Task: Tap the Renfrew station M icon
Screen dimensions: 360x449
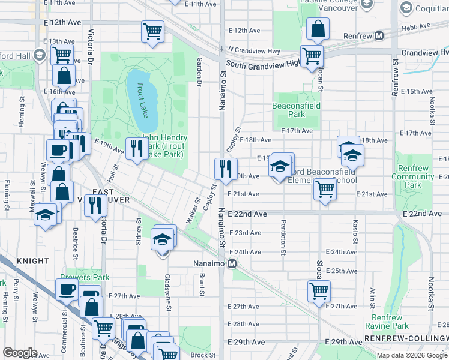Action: coord(379,36)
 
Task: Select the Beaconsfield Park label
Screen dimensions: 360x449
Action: coord(296,110)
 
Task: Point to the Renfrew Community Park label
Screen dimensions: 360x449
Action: coord(413,173)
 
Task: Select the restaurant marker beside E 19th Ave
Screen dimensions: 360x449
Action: coord(135,148)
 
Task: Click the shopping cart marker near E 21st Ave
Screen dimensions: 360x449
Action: coord(325,189)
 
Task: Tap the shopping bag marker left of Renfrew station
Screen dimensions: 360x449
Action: coord(317,29)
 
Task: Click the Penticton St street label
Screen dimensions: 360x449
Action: coord(282,232)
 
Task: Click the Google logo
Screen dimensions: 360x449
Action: coord(20,353)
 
